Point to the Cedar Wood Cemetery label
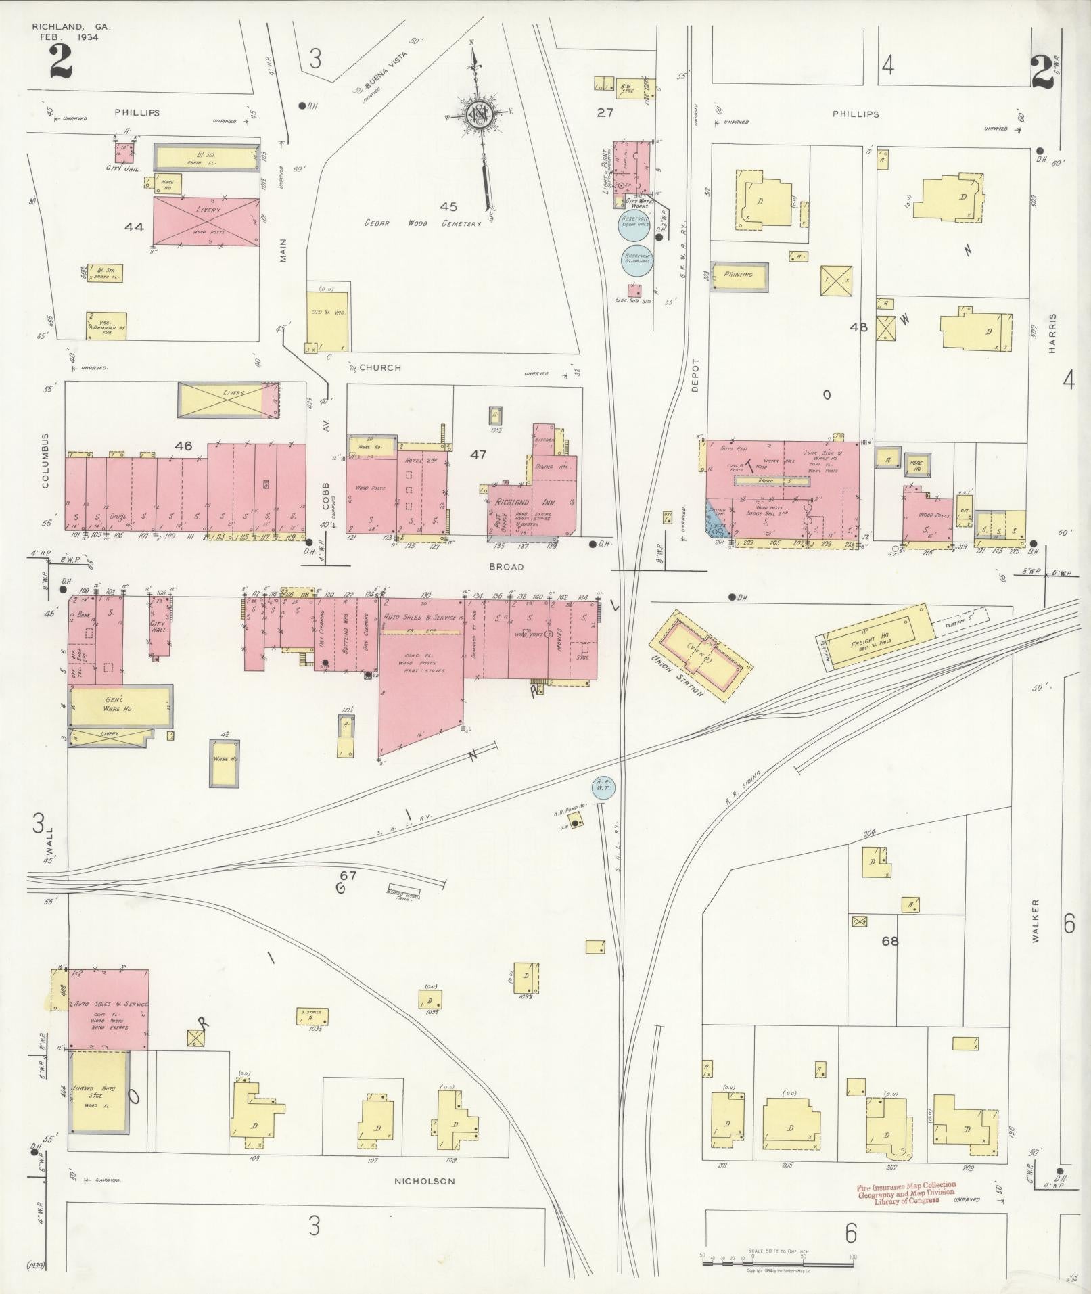pos(423,223)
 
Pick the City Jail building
pos(124,150)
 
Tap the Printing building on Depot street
pos(739,275)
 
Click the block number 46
pos(183,446)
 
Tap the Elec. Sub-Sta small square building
pos(634,291)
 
